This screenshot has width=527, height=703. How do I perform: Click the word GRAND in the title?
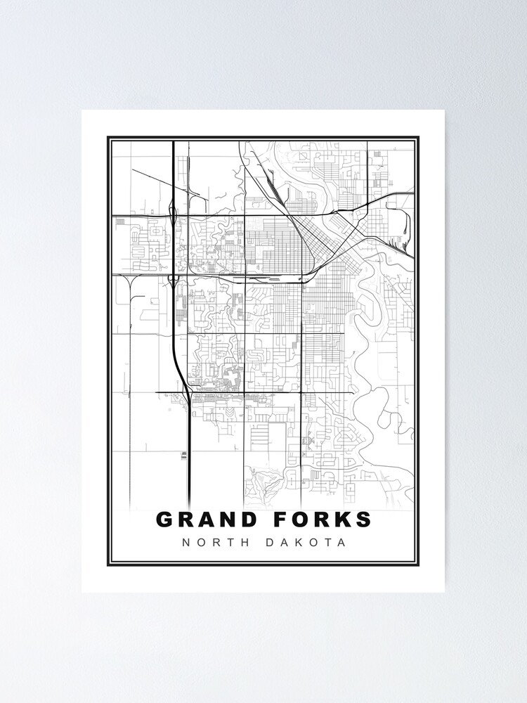[x=203, y=520]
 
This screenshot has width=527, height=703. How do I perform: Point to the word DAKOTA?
[x=307, y=543]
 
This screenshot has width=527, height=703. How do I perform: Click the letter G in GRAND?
[x=164, y=520]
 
